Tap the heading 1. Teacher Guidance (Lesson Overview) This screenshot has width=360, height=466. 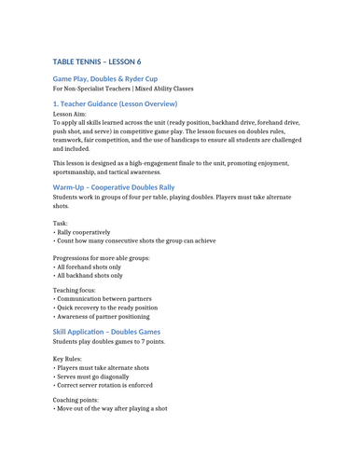click(x=115, y=103)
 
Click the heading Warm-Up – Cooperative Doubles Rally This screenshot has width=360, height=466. click(x=114, y=187)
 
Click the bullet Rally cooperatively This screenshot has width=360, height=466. click(x=82, y=233)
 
